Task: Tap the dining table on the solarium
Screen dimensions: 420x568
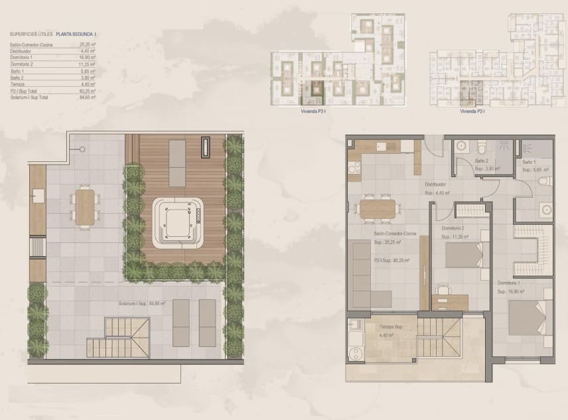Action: [x=84, y=206]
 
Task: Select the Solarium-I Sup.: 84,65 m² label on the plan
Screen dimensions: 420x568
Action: [x=142, y=303]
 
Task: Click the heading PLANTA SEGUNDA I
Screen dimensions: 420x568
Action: [x=77, y=32]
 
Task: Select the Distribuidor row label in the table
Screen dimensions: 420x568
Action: [x=23, y=51]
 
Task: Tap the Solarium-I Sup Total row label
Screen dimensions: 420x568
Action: [x=29, y=97]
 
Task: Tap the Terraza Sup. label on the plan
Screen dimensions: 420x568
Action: [x=391, y=328]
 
